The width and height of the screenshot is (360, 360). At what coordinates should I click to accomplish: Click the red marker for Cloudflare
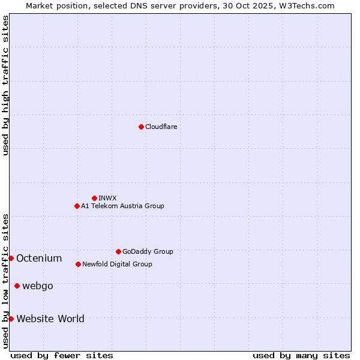(141, 127)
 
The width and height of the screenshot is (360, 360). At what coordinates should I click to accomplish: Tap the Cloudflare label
(161, 127)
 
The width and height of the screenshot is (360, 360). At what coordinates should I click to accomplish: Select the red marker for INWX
(94, 198)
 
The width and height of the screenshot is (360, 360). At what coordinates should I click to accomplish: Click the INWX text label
(107, 198)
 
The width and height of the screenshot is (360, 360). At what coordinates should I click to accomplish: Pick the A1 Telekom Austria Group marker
(77, 206)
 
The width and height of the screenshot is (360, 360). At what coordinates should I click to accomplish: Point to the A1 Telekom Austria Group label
(122, 206)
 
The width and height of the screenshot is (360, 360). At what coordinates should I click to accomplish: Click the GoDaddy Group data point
(118, 251)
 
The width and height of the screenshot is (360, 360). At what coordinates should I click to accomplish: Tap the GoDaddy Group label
(147, 251)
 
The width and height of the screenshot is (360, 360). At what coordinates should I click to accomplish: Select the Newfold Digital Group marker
(78, 264)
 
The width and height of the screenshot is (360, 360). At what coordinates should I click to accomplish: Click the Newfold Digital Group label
(117, 264)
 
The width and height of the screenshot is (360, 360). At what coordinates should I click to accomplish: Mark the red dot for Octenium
(11, 258)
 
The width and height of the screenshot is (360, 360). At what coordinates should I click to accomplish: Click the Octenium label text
(39, 259)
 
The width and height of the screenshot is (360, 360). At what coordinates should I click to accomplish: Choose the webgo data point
(17, 286)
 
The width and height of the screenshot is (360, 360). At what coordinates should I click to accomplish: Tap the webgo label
(37, 286)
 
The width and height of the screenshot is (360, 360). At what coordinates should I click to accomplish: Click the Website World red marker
(11, 319)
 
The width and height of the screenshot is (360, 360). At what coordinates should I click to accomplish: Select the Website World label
(50, 319)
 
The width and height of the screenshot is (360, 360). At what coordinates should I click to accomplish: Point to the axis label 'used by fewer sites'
(62, 355)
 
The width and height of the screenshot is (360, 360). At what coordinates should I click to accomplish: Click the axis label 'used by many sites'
(301, 355)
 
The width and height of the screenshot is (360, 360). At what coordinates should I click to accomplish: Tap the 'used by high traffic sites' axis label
(5, 85)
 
